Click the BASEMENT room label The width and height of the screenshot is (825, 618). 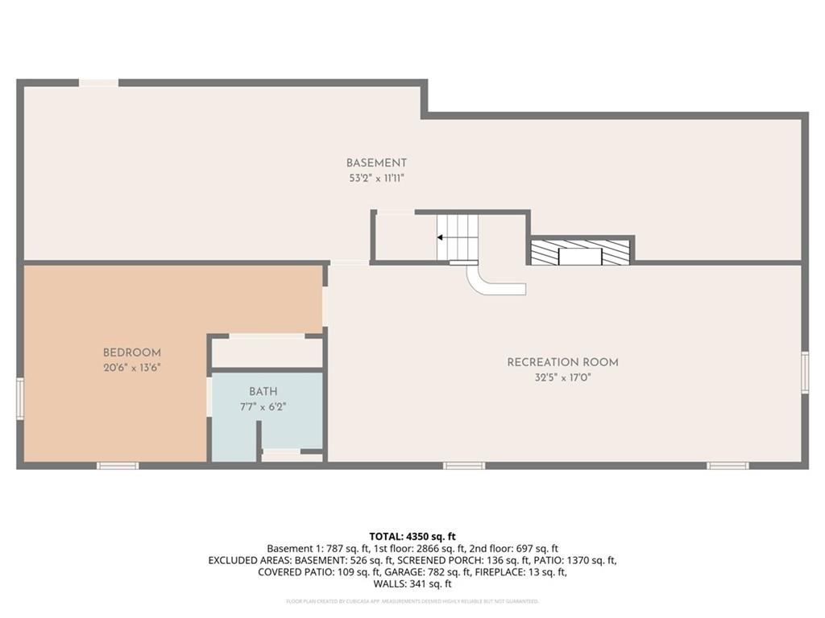[x=376, y=163]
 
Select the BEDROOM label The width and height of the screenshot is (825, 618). [x=131, y=352]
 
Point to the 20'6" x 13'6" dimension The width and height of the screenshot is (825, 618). [x=131, y=367]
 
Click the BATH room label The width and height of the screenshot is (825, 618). [x=263, y=392]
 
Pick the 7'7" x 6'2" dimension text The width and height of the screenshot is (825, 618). [x=263, y=406]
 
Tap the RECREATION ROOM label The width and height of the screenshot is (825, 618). [x=562, y=362]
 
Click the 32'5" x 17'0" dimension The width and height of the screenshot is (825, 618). [x=562, y=377]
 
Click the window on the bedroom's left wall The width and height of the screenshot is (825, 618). [x=20, y=399]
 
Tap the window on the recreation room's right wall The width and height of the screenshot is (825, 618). [x=804, y=372]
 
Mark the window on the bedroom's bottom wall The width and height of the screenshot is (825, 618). [x=118, y=465]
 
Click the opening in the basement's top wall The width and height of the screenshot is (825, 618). [x=98, y=82]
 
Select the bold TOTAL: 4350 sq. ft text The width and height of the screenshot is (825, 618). [x=412, y=536]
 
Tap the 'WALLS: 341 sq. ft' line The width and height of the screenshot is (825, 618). [x=412, y=584]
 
